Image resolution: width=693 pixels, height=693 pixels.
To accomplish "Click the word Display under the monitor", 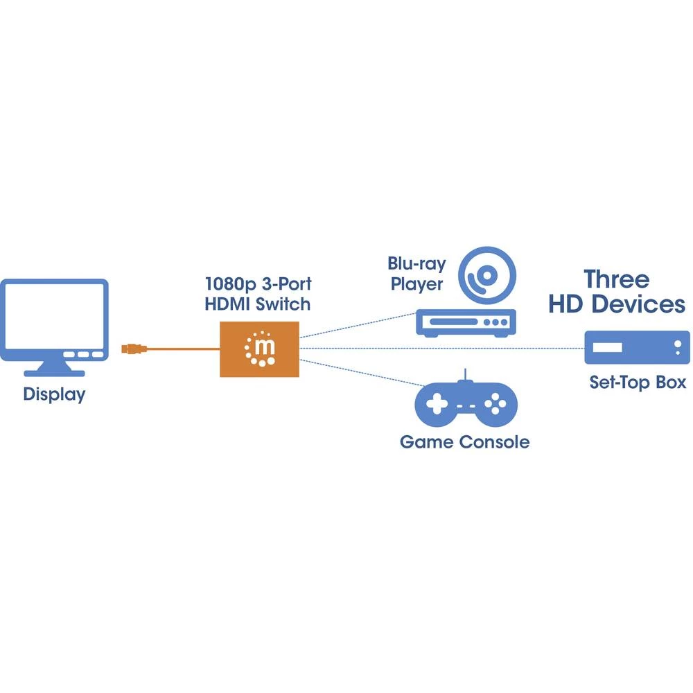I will tap(54, 395).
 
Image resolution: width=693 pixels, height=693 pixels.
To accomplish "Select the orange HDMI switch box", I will tap(259, 349).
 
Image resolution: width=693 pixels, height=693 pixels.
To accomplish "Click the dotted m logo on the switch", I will tap(260, 349).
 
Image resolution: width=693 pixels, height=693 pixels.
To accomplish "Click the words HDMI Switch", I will tap(258, 304).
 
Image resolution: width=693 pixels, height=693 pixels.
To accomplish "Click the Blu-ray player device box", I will tap(465, 323).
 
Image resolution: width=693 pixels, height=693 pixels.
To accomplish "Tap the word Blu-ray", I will tap(416, 264).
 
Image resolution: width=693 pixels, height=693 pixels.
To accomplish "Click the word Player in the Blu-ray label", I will tap(416, 284).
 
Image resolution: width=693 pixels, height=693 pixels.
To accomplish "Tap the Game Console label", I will tap(464, 442).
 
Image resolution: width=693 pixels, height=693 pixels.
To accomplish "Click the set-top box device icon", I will tap(637, 347).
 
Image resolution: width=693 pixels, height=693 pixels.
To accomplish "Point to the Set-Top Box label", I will tap(638, 382).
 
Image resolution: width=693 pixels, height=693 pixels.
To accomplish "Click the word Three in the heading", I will tap(617, 279).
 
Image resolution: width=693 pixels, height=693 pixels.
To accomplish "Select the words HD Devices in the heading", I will tap(617, 304).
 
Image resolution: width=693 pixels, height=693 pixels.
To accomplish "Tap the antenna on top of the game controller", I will tap(466, 375).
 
